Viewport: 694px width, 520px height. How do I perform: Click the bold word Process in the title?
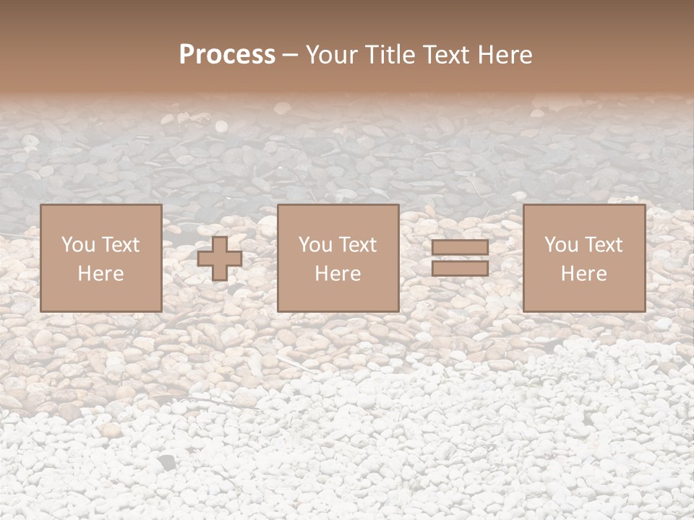click(x=227, y=55)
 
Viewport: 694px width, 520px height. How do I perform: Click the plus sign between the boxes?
click(x=220, y=259)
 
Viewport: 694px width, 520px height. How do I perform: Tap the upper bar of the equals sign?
click(x=460, y=248)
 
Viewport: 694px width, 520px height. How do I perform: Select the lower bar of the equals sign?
click(x=460, y=268)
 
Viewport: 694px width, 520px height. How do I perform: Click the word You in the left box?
click(x=77, y=245)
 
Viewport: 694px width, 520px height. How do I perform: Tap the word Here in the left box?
click(x=100, y=274)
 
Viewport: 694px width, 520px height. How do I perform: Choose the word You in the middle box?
click(x=315, y=245)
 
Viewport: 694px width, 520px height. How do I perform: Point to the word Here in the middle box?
click(x=338, y=274)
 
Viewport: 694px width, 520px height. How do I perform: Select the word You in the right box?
click(x=561, y=245)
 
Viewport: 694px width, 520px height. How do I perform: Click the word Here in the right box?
click(x=583, y=274)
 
